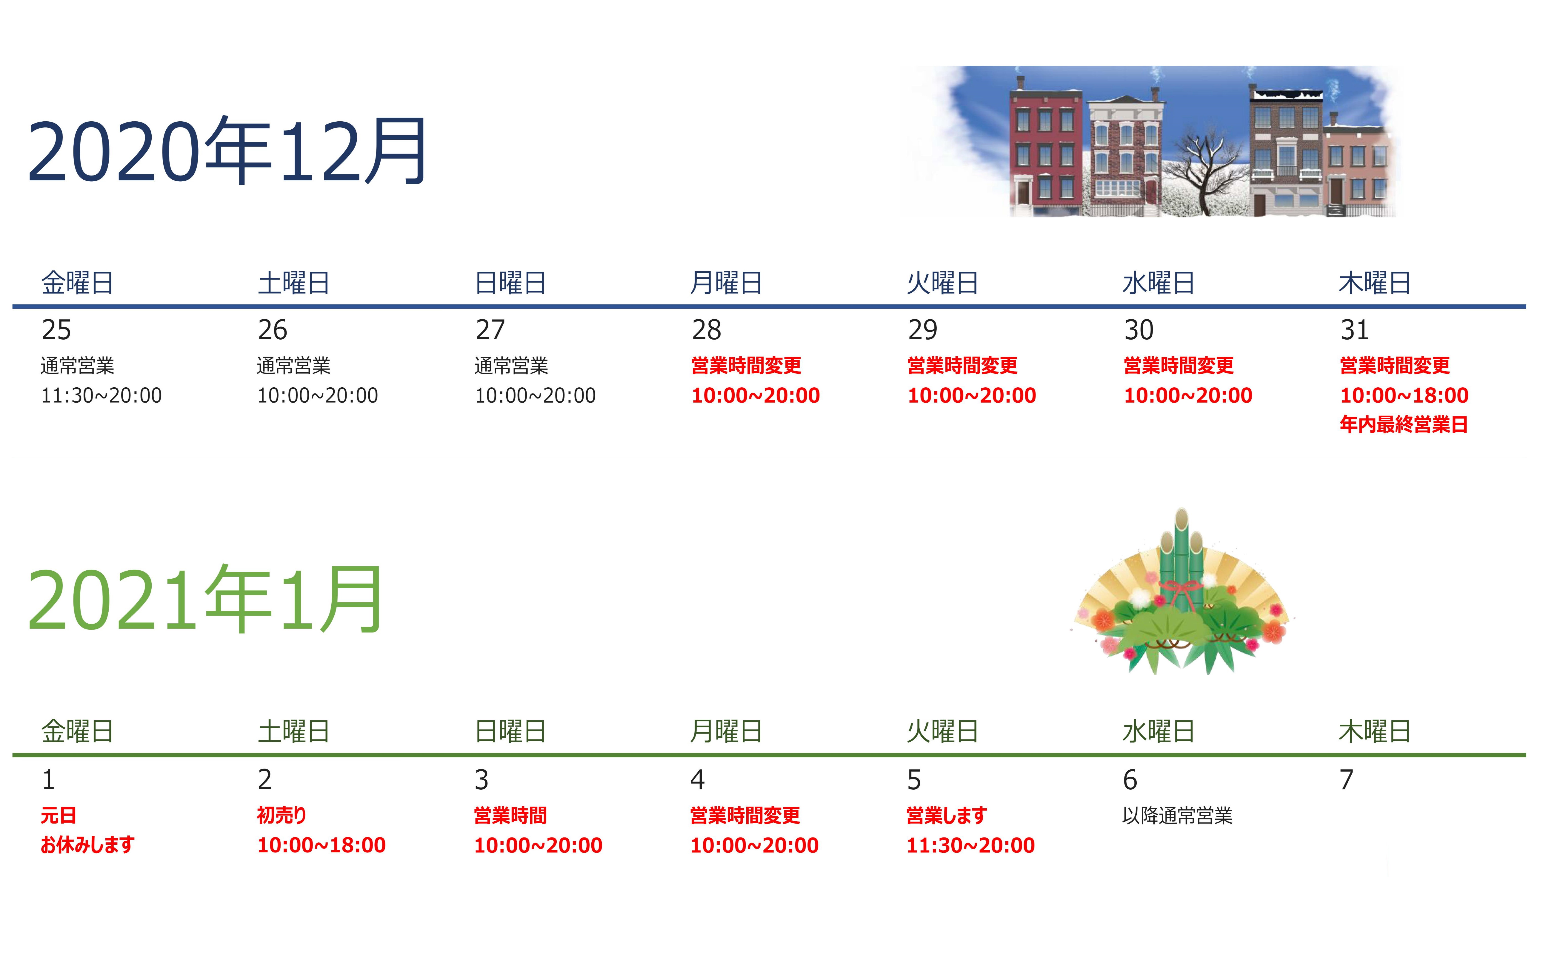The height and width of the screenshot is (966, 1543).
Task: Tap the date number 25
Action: click(x=56, y=330)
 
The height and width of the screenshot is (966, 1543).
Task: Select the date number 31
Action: click(x=1354, y=330)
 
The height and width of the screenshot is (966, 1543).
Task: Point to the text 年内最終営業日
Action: click(x=1404, y=424)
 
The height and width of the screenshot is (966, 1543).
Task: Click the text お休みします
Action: click(x=87, y=845)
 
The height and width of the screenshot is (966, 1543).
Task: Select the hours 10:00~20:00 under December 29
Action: click(x=972, y=395)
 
